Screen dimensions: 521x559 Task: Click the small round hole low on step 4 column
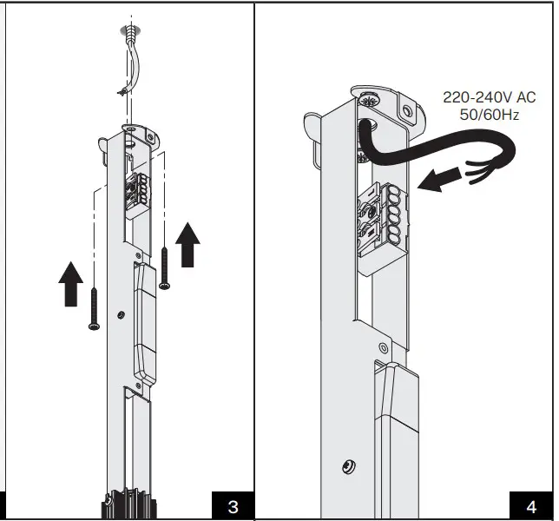347,467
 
